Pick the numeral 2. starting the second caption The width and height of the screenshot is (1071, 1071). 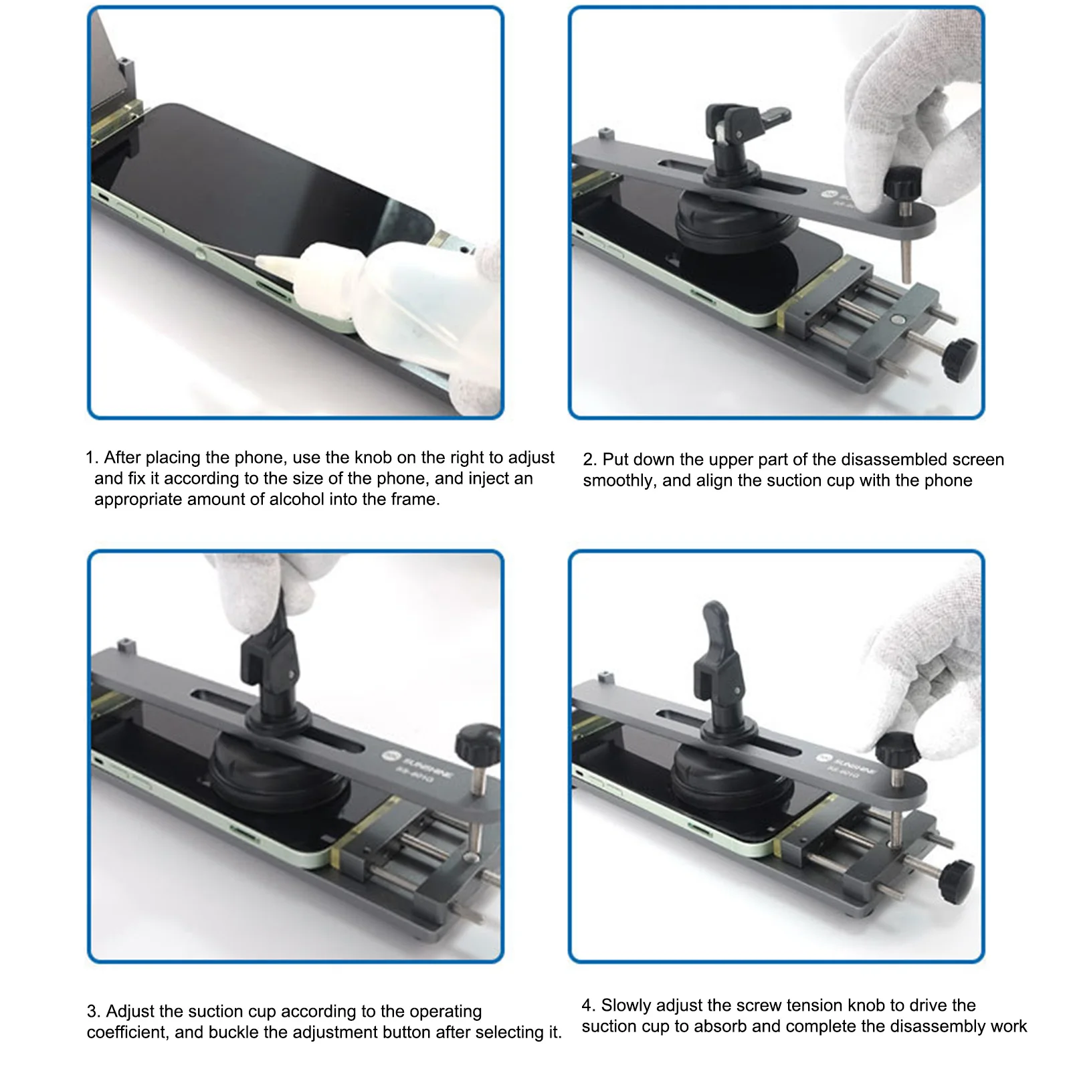point(589,460)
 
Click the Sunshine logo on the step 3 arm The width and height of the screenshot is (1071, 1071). point(391,757)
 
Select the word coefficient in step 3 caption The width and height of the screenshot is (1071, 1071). point(126,1032)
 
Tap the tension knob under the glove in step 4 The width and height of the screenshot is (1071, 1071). point(897,750)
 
